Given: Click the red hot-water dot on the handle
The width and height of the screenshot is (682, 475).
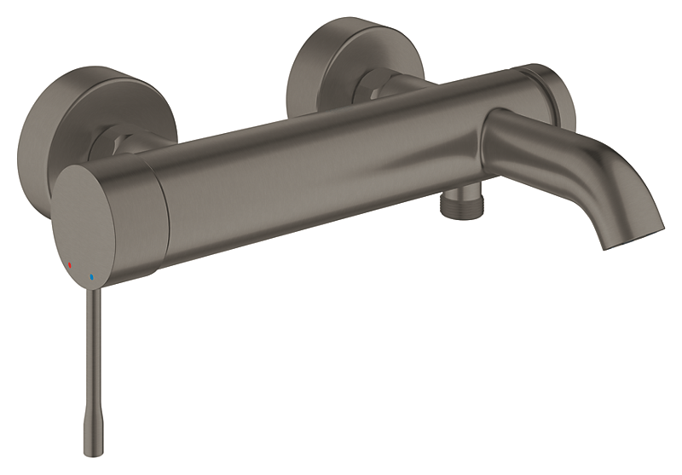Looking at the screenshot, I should (70, 265).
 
